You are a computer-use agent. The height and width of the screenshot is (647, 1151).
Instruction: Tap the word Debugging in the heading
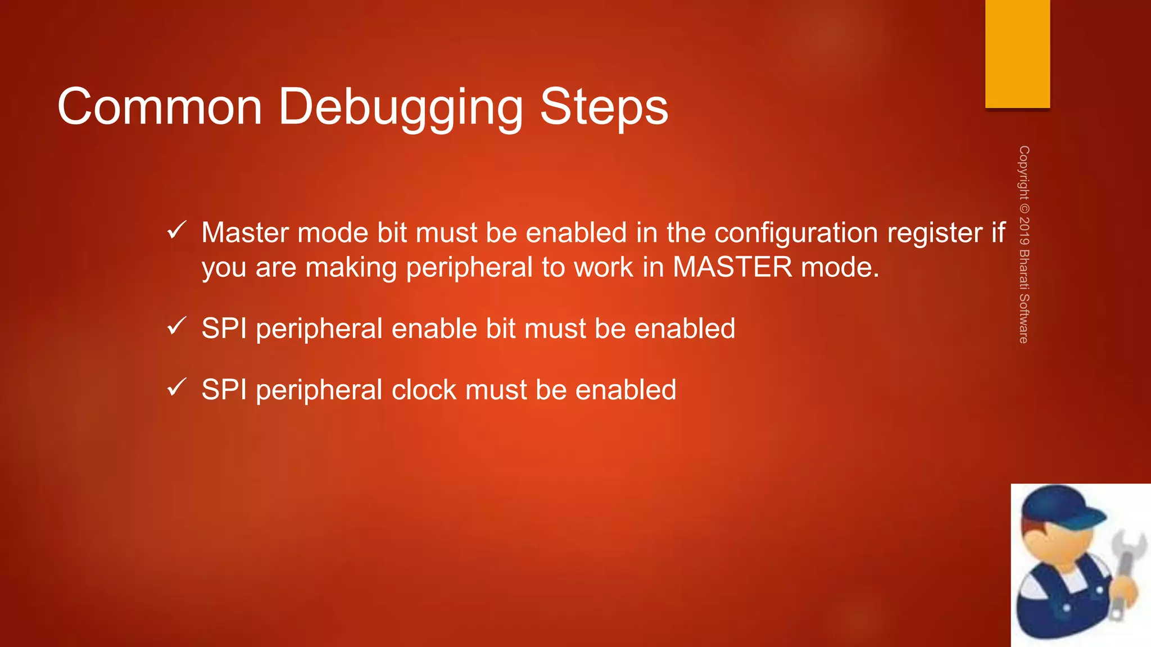(x=401, y=108)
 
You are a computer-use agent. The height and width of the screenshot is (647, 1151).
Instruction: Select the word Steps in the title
(x=604, y=108)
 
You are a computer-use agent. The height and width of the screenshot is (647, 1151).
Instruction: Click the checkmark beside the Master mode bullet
(x=176, y=230)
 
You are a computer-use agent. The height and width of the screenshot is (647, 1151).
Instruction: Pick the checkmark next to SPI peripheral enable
(x=176, y=326)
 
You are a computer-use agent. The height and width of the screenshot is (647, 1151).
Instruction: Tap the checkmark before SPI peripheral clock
(x=176, y=387)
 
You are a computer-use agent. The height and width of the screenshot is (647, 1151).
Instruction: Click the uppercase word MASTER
(x=732, y=267)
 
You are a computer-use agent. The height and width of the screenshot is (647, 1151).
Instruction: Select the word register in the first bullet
(x=935, y=233)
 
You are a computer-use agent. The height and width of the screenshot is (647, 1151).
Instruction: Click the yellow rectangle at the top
(x=1017, y=53)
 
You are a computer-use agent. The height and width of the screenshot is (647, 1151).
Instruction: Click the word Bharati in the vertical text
(x=1024, y=269)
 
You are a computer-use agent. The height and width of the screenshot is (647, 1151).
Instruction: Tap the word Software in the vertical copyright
(x=1024, y=318)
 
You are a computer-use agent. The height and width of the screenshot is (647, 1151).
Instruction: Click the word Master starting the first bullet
(x=245, y=233)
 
